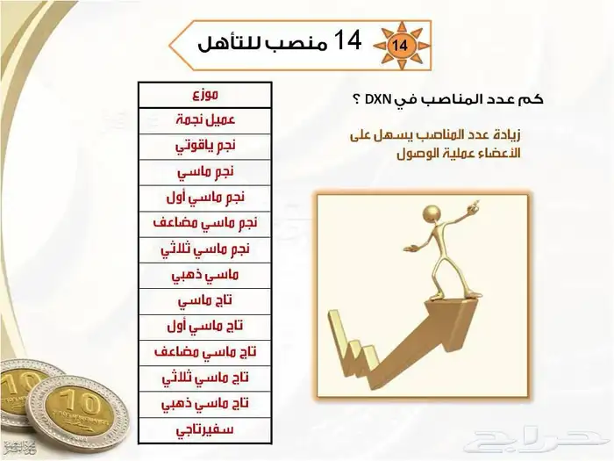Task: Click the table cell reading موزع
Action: coord(204,92)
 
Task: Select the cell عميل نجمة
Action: coord(204,118)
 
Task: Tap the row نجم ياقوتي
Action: coord(204,143)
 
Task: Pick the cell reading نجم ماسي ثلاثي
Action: coord(204,248)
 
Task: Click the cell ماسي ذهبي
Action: coord(204,274)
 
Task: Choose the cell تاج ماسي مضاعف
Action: coord(204,352)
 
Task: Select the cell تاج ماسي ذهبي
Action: coord(204,404)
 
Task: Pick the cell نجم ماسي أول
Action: coord(204,196)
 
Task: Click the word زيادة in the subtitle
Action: coord(503,134)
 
